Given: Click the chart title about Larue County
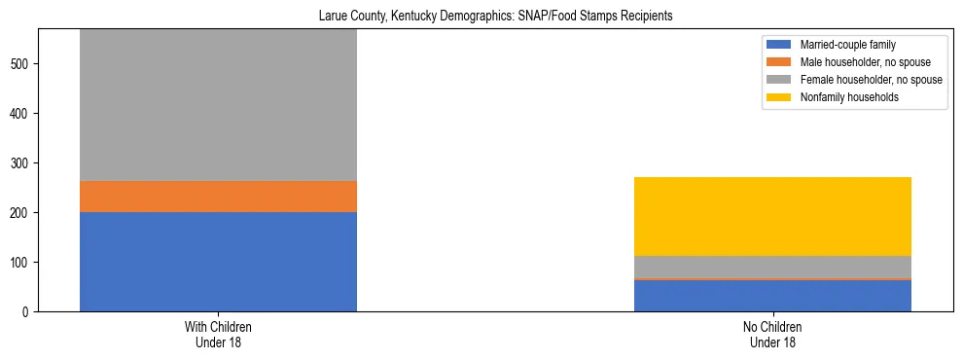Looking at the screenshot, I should (x=496, y=17).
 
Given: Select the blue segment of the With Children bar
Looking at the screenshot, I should (x=218, y=261).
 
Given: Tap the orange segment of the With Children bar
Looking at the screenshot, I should (x=218, y=197).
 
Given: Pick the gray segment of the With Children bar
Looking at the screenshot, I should (x=218, y=105).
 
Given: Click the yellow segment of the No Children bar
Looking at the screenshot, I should (x=772, y=216).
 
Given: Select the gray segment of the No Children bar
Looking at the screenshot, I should (x=772, y=267).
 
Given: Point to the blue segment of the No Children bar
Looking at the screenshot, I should (x=772, y=296).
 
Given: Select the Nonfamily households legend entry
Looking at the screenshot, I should (x=842, y=97).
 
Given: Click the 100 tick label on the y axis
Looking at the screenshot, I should (x=22, y=263).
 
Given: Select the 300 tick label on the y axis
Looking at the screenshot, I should (x=22, y=163).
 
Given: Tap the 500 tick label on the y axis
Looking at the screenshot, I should (x=22, y=64).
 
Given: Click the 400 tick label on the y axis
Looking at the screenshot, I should (x=22, y=114).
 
